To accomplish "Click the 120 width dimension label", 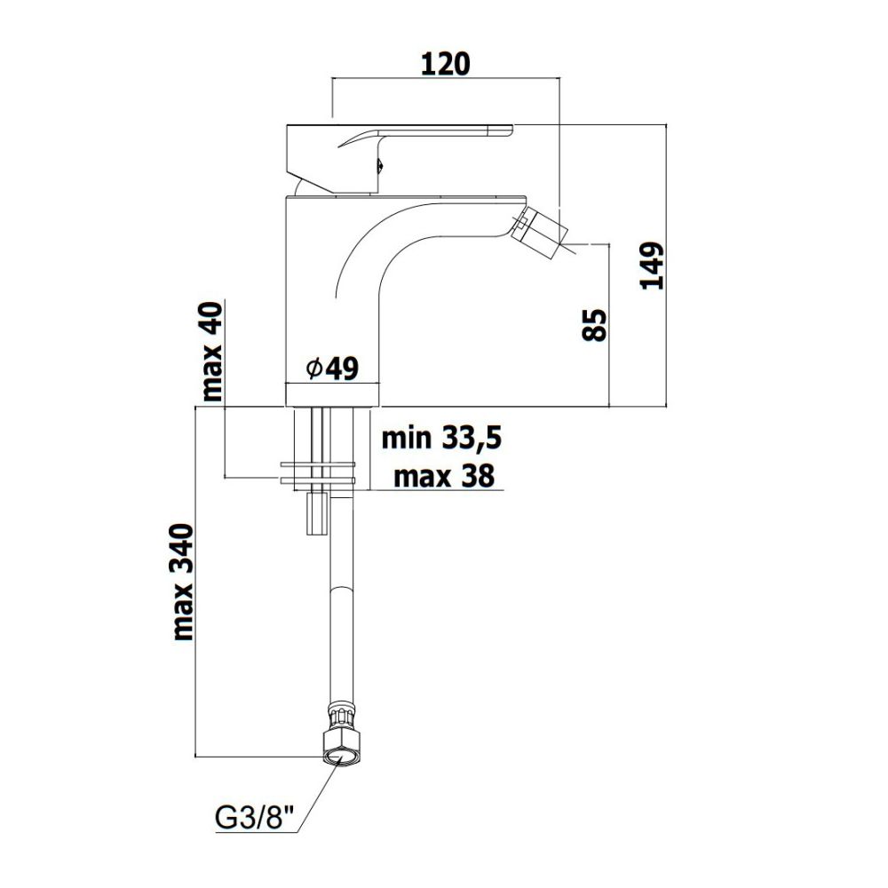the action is point(446,64).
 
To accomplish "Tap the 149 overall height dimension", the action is point(651,266).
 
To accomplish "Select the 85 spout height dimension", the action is point(594,324).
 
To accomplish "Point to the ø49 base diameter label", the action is point(332,369).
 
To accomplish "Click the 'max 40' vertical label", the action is point(213,352).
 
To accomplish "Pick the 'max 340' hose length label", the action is point(183,583).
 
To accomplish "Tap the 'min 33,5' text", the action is point(441,438).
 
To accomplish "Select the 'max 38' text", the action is point(444,476).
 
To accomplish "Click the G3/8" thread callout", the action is point(256,818).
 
